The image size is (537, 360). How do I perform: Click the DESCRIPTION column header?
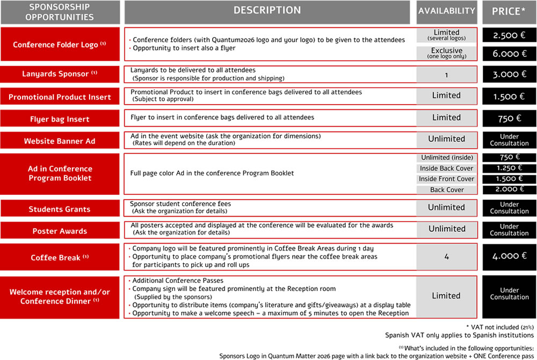pyautogui.click(x=267, y=11)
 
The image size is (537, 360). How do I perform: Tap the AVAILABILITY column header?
pyautogui.click(x=446, y=11)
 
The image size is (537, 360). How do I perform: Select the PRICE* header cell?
pyautogui.click(x=509, y=11)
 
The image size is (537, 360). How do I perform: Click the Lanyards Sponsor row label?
pyautogui.click(x=60, y=74)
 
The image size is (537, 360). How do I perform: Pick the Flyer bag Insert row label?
pyautogui.click(x=60, y=118)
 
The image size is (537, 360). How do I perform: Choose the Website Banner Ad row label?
pyautogui.click(x=60, y=141)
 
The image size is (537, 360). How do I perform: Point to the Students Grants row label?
pyautogui.click(x=60, y=209)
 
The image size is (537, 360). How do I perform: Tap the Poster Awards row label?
pyautogui.click(x=60, y=231)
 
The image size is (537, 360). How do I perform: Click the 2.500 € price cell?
pyautogui.click(x=509, y=35)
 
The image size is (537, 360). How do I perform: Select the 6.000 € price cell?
pyautogui.click(x=509, y=54)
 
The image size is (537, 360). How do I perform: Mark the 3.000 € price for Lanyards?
pyautogui.click(x=509, y=75)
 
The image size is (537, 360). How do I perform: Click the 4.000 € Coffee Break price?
pyautogui.click(x=509, y=256)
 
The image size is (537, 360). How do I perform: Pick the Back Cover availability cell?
pyautogui.click(x=446, y=190)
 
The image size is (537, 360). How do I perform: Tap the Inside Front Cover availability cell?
pyautogui.click(x=446, y=179)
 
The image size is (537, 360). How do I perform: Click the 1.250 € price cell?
pyautogui.click(x=509, y=168)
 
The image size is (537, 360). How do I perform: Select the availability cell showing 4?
pyautogui.click(x=446, y=257)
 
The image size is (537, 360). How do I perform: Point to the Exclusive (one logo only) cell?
pyautogui.click(x=446, y=53)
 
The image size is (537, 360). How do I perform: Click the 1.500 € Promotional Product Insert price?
pyautogui.click(x=509, y=97)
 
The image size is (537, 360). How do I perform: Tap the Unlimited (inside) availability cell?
pyautogui.click(x=446, y=157)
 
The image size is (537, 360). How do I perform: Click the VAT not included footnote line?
pyautogui.click(x=500, y=327)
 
